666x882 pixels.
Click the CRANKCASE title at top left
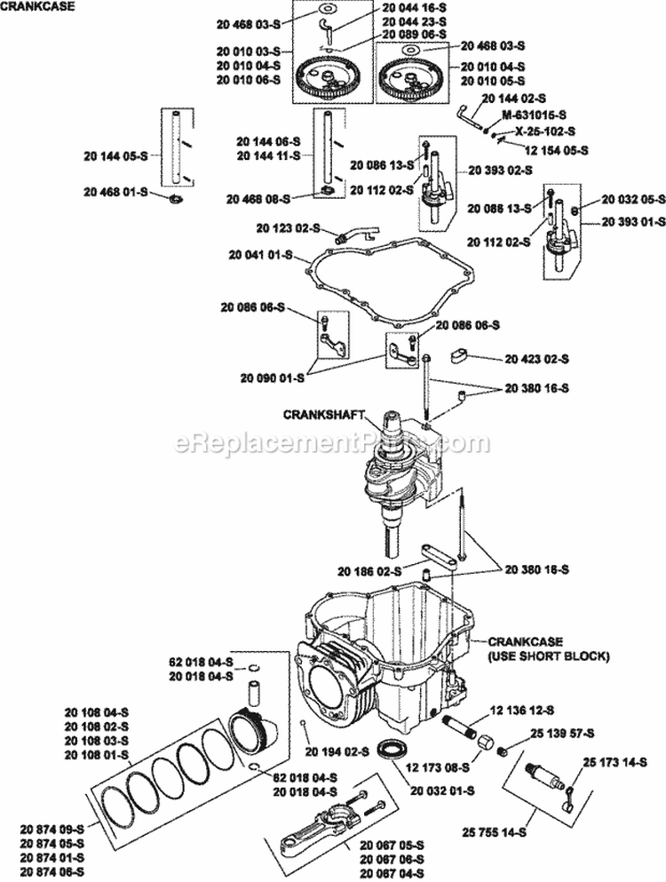click(37, 6)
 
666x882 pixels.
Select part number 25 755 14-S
click(495, 832)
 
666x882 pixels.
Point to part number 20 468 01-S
click(117, 192)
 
